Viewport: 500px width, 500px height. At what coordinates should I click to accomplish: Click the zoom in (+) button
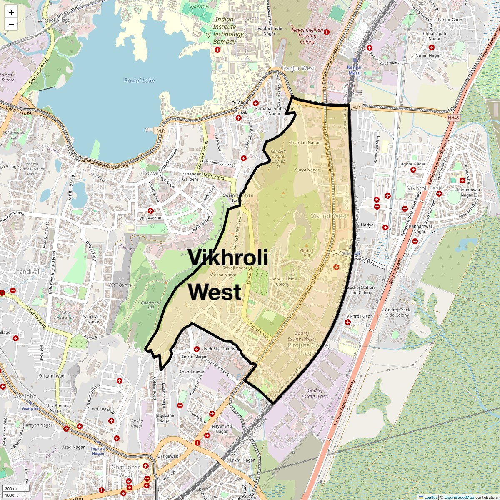[11, 12]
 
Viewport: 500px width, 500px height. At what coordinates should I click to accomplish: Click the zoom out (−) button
[11, 25]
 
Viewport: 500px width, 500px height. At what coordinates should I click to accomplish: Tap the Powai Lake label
[140, 80]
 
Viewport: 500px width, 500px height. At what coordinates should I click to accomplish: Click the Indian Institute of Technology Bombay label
[224, 30]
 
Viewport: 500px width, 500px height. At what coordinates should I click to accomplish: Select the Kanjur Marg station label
[355, 70]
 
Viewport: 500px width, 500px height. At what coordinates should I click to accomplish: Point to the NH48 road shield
[453, 118]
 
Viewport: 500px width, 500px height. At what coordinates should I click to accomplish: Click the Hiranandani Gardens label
[190, 177]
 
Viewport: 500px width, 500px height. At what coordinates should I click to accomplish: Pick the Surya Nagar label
[307, 170]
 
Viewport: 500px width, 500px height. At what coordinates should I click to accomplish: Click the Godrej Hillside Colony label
[282, 282]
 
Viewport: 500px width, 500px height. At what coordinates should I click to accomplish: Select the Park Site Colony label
[219, 349]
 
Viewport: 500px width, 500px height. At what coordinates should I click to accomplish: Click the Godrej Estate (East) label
[315, 393]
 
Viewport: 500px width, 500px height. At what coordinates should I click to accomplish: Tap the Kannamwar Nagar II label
[469, 192]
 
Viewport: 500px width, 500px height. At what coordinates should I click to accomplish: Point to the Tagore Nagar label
[412, 164]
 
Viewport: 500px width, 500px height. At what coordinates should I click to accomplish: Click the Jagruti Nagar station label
[98, 451]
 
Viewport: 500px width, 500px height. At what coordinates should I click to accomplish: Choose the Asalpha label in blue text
[30, 408]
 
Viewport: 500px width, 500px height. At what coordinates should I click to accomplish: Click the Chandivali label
[27, 272]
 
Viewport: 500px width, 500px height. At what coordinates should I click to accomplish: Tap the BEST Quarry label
[120, 285]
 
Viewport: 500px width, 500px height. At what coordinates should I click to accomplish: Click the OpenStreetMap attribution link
[459, 497]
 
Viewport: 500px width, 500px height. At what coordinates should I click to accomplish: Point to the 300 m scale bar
[11, 489]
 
